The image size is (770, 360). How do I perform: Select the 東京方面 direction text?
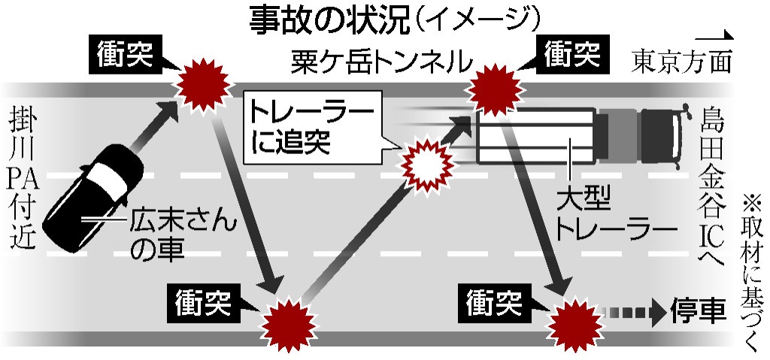click(681, 60)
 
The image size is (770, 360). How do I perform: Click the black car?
click(93, 198)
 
